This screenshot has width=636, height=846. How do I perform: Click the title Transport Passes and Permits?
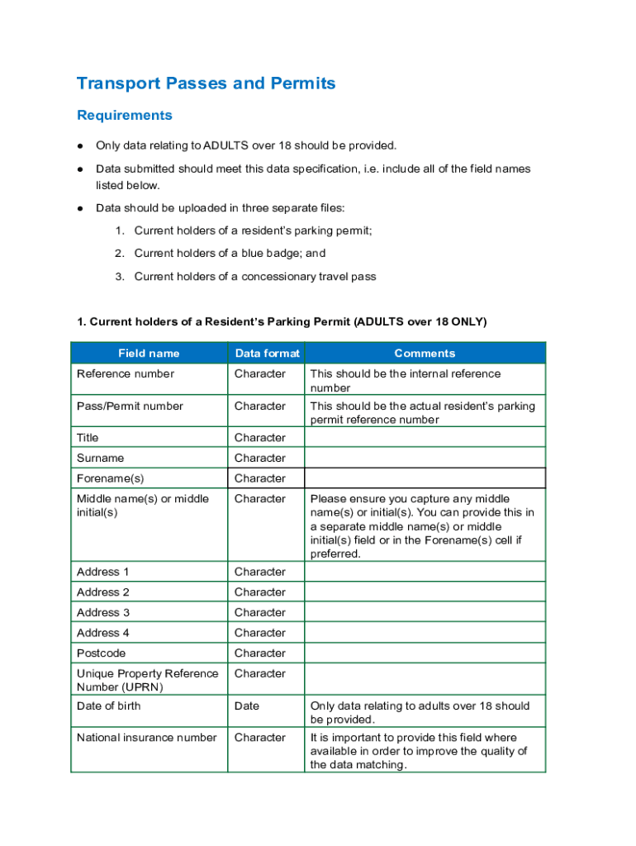pyautogui.click(x=206, y=83)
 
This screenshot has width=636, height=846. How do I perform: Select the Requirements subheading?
pyautogui.click(x=124, y=115)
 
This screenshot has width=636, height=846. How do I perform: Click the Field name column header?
pyautogui.click(x=149, y=353)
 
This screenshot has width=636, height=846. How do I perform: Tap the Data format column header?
pyautogui.click(x=267, y=353)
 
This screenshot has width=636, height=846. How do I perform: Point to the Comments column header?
pyautogui.click(x=425, y=353)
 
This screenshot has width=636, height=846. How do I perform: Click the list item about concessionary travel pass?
pyautogui.click(x=254, y=277)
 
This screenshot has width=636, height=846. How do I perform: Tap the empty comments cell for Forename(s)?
pyautogui.click(x=425, y=478)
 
